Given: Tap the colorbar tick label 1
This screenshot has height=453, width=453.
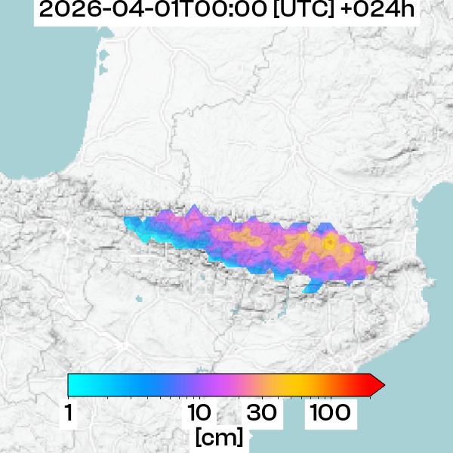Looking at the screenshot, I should (69, 413).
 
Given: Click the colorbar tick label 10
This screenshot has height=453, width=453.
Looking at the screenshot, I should (199, 413).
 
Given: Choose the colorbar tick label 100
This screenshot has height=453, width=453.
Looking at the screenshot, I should (328, 413).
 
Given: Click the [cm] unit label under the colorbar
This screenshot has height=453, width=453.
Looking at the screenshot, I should (219, 436).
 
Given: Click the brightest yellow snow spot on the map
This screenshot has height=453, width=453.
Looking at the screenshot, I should (330, 242).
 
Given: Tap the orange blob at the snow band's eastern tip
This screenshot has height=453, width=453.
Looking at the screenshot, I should (370, 268).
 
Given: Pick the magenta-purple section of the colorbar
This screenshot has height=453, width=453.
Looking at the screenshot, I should (226, 385).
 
